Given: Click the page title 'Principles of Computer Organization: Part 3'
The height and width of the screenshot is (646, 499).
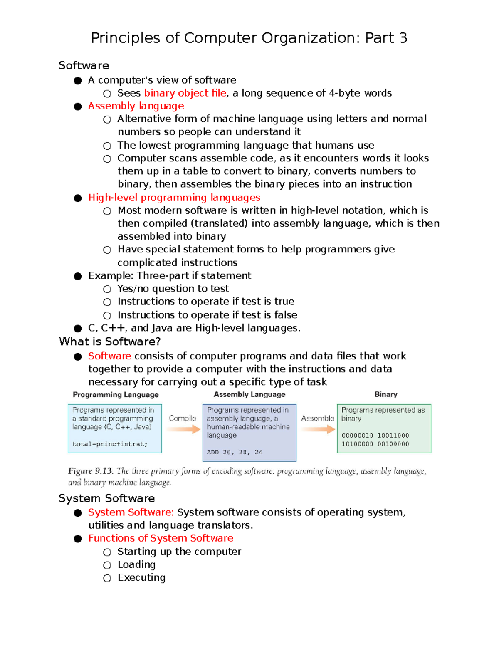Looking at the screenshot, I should (249, 38).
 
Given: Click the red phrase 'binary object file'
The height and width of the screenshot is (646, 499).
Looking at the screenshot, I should (185, 93).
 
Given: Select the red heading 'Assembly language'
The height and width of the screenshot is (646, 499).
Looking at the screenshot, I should (136, 106).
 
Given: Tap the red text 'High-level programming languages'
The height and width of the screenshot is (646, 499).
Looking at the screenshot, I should (174, 198).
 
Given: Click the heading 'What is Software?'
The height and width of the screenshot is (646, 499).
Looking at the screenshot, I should (110, 342).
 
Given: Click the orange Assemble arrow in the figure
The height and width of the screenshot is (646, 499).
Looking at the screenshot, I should (318, 429).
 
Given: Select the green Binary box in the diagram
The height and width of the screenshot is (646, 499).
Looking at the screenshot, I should (384, 428).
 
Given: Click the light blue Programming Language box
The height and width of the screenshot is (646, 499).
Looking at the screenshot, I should (115, 428).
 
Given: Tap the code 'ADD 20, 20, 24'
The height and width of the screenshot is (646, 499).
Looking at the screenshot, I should (235, 452).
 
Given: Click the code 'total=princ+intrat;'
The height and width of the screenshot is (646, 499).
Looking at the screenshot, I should (110, 444).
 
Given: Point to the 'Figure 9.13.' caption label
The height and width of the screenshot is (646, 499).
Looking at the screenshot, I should (91, 471).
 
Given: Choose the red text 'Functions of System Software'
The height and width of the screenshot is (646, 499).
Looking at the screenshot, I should (161, 538).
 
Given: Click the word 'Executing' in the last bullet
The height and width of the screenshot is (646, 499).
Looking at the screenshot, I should (141, 578).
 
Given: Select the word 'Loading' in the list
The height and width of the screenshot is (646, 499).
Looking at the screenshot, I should (136, 564).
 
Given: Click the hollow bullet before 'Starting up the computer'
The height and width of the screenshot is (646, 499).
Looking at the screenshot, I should (107, 552).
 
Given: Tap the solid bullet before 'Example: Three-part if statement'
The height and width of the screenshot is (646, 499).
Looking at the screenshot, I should (78, 276).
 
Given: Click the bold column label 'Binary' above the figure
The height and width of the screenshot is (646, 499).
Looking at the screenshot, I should (385, 394).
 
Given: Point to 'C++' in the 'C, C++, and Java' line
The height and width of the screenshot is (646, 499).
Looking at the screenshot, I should (113, 328).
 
